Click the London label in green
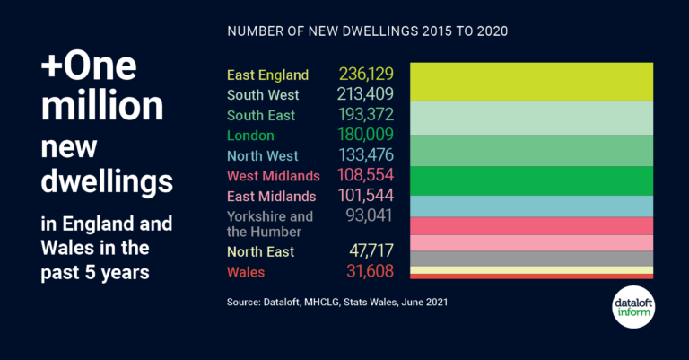click(250, 136)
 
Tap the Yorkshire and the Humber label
click(269, 223)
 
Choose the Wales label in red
click(246, 271)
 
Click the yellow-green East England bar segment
click(531, 81)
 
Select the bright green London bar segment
click(531, 180)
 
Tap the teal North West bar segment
click(531, 206)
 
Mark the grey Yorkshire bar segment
click(531, 259)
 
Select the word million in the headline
click(103, 107)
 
